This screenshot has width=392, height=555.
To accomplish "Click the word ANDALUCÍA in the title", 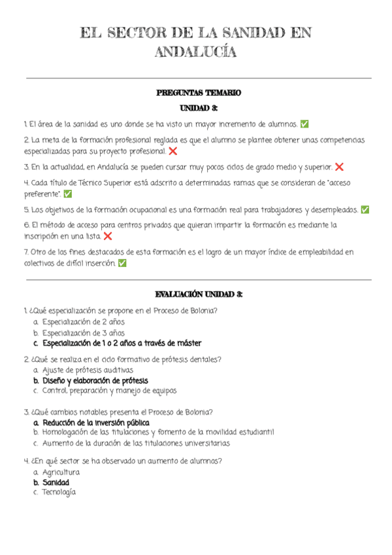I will [195, 52].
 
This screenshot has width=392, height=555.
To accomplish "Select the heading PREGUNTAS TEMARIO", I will [199, 93].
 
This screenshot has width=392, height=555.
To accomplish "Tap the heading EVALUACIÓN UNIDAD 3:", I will [199, 295].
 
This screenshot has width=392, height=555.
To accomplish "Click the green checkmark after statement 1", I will [304, 124].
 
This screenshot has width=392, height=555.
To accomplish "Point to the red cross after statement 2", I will [172, 151].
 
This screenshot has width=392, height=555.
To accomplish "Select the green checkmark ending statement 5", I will [365, 210].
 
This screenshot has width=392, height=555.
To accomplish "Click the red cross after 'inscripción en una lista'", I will [108, 236].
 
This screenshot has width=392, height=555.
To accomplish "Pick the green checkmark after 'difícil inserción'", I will [123, 263].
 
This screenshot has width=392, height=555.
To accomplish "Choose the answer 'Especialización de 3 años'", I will [83, 332].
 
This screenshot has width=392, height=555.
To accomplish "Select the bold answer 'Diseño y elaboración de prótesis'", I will [95, 380].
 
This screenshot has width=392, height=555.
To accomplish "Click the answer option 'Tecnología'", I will [59, 492].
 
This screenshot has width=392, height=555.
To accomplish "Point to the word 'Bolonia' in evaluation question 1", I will [203, 311].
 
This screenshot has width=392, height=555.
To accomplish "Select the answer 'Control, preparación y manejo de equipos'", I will [109, 391].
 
